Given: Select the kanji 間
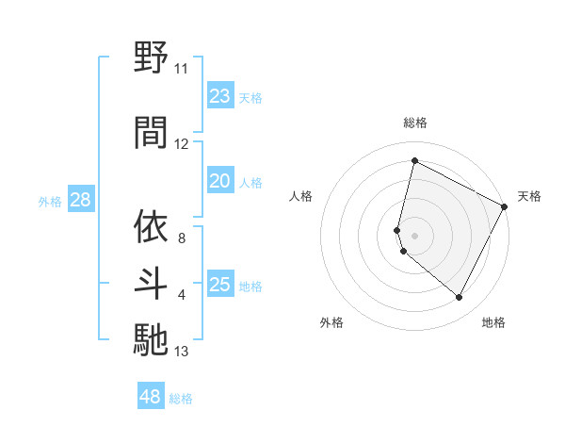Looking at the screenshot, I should click(x=151, y=132).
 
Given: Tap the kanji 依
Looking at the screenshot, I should click(x=151, y=226).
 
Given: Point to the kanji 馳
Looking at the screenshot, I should click(x=151, y=339).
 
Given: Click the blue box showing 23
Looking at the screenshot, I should click(x=220, y=96).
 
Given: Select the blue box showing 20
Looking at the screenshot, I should click(x=220, y=181).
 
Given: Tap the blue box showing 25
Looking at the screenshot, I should click(x=220, y=285).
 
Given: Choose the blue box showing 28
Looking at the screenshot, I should click(x=80, y=200).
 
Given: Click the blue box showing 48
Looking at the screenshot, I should click(x=151, y=397).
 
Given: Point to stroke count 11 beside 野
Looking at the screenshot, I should click(x=181, y=69).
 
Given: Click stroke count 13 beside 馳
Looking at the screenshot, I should click(x=181, y=353).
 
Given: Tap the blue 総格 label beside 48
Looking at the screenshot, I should click(x=181, y=399).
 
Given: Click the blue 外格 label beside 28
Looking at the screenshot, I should click(x=50, y=201).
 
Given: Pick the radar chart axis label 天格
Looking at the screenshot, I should click(x=529, y=196).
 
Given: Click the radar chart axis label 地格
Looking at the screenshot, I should click(x=493, y=322).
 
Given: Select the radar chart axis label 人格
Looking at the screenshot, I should click(x=301, y=196).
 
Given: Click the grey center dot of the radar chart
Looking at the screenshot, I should click(x=414, y=235).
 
